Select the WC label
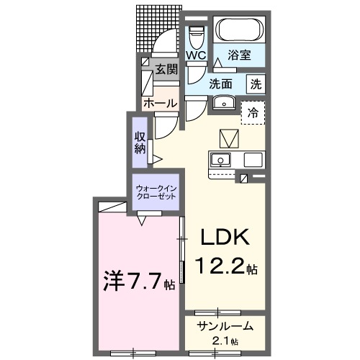coord(197,55)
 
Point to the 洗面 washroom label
coord(220,84)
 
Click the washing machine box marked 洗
coord(256,84)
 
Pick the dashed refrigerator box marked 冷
coord(253,112)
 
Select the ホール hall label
coord(160,104)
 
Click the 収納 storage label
coord(140,142)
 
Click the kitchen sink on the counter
coord(221,160)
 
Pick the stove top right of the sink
coord(253,160)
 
